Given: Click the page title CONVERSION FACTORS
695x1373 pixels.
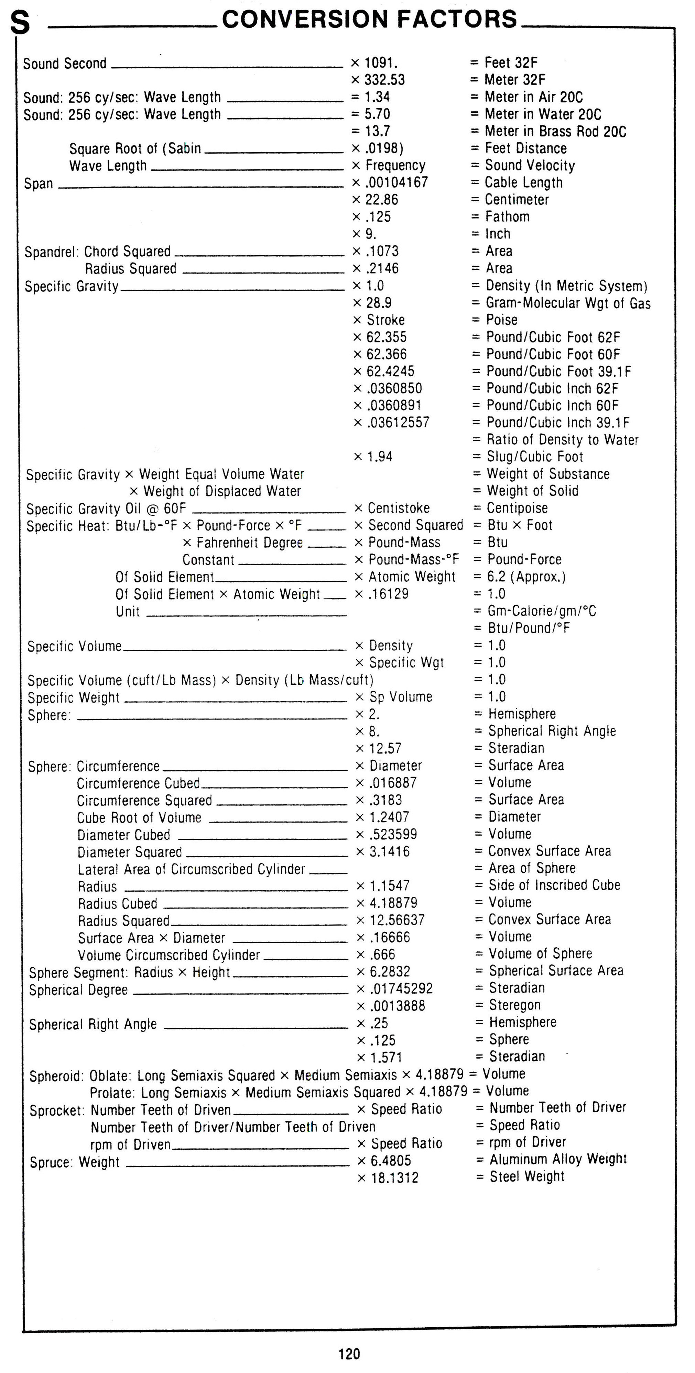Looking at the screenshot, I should tap(369, 19).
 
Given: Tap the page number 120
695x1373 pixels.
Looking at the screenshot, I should tap(349, 1353).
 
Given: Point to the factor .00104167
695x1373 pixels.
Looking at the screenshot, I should tap(396, 182).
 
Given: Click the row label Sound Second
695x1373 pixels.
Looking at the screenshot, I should tap(65, 64).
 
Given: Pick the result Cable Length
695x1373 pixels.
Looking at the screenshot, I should tap(523, 182).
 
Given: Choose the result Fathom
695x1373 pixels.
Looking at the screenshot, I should tap(507, 216).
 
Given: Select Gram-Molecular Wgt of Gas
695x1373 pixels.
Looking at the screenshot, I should tap(568, 303).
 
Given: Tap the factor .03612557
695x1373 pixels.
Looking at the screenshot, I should tap(398, 422).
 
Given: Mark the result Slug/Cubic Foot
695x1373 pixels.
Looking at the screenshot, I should tap(534, 456).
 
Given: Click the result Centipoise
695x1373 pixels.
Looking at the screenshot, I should tap(517, 508).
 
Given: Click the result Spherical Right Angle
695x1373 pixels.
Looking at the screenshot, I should tap(552, 731).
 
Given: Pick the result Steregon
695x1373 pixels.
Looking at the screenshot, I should tap(515, 1005).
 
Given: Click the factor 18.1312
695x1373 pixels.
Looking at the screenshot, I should tap(395, 1177).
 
